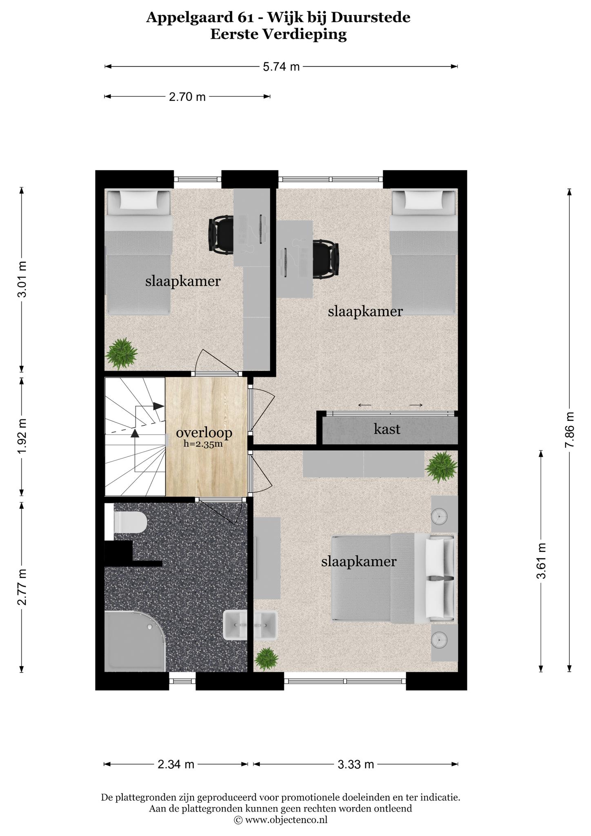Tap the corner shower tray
pos(135,641)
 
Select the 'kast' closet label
pos(387,429)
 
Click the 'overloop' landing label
pos(204,432)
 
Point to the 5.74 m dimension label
pos(281,67)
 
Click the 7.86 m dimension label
pos(570,429)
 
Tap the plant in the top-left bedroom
pos(121,354)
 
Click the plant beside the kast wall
pos(441,467)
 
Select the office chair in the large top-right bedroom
pos(326,259)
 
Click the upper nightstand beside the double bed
pos(444,514)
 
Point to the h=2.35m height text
pos(203,444)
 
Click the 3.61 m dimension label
pos(541,561)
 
